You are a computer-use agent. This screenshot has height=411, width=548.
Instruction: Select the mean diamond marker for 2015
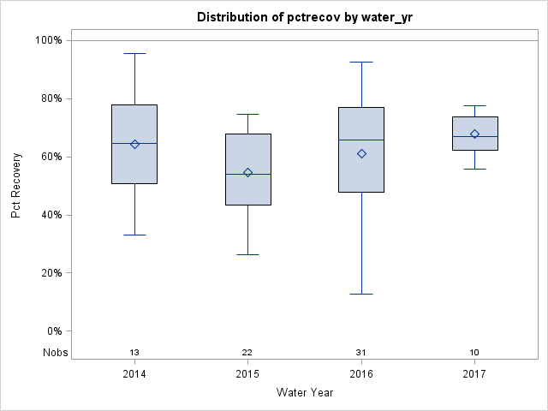coord(247,172)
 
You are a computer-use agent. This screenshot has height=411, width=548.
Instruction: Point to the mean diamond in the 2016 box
coord(361,153)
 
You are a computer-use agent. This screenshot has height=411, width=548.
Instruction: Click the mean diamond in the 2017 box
coord(474,134)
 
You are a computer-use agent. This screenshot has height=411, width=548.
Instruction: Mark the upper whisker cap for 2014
coord(134,53)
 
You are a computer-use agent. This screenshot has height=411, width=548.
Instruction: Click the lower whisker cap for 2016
coord(361,294)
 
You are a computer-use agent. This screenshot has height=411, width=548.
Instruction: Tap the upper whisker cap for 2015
coord(247,114)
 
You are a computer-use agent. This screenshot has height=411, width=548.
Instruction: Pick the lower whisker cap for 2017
coord(474,169)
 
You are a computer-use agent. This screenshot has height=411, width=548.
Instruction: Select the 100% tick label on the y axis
coord(48,40)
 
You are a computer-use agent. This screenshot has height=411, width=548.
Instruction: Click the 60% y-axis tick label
coord(51,157)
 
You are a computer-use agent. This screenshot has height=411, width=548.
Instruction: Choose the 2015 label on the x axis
coord(247,374)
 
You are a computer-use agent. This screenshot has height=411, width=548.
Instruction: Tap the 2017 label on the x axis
coord(474,374)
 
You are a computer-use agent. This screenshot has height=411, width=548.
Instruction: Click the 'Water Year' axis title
coord(304,393)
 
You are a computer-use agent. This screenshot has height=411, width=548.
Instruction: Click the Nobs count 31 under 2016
coord(361,353)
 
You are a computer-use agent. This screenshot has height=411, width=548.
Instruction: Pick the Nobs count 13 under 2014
coord(134,353)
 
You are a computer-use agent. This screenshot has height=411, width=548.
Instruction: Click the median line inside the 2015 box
coord(247,174)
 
